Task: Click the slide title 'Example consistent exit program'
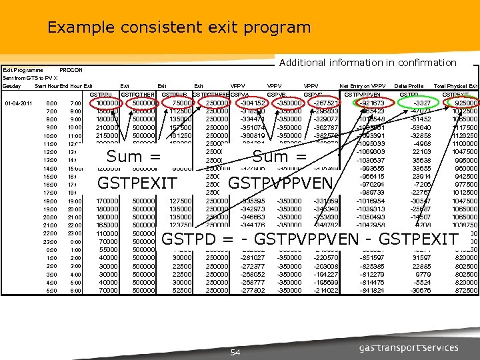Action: pos(179,28)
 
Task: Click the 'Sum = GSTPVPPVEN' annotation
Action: pos(280,169)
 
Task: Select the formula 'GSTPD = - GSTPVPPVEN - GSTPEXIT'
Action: pos(311,239)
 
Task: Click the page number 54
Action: pos(235,352)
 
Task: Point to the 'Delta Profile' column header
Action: pos(409,86)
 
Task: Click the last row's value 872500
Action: pos(464,290)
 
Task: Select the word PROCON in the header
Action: pos(71,70)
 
